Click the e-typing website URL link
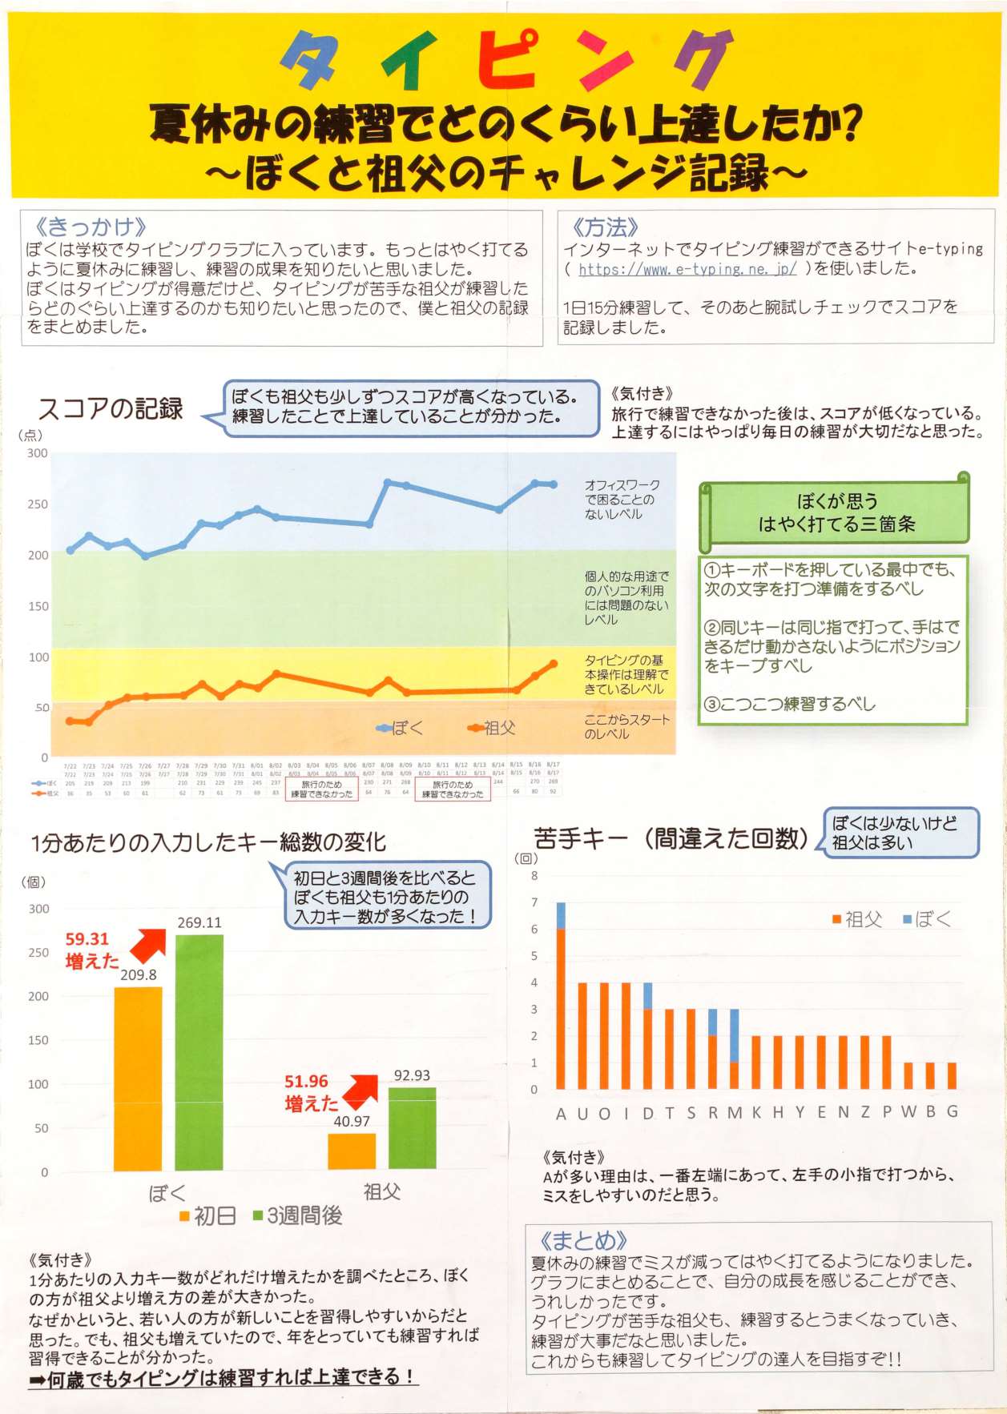(687, 269)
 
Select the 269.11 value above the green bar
(199, 922)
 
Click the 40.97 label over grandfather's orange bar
(352, 1122)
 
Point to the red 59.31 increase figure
(87, 939)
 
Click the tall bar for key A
(561, 1001)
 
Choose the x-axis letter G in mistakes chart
(953, 1111)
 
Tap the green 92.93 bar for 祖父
(412, 1127)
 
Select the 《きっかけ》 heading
(91, 227)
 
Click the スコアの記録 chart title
(111, 408)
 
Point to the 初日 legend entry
(208, 1216)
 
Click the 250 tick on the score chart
(38, 504)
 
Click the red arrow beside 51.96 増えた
(361, 1090)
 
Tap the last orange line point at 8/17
(554, 664)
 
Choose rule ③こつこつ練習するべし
(790, 704)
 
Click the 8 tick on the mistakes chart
(534, 876)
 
